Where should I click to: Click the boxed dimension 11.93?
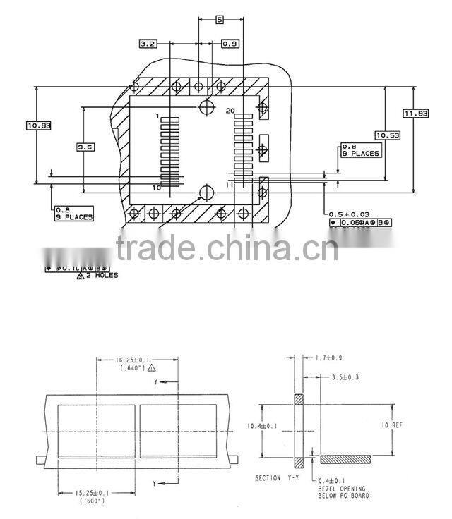(416, 114)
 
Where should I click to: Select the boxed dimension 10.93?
(38, 126)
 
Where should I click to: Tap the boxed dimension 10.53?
(387, 135)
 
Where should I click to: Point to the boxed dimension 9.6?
(86, 147)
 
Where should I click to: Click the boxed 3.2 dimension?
(148, 44)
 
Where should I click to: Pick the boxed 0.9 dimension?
(230, 44)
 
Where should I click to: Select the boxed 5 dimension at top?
(220, 20)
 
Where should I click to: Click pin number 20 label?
(230, 111)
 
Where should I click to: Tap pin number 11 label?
(230, 184)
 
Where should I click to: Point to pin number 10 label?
(156, 188)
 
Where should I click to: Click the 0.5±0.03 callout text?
(349, 213)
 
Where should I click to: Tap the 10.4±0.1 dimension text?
(261, 426)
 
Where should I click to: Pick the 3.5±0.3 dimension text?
(345, 378)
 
